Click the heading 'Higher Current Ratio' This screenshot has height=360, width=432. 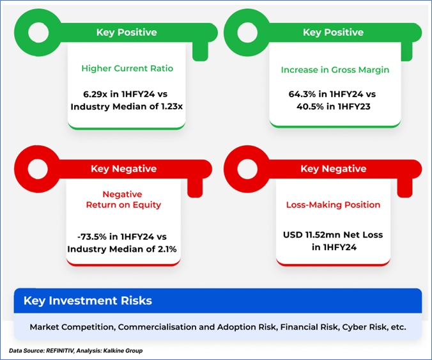click(127, 68)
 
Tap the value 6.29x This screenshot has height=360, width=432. click(95, 94)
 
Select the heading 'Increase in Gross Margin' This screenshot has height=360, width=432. click(335, 70)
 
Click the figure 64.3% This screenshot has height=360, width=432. click(302, 94)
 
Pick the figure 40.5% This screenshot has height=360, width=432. click(310, 106)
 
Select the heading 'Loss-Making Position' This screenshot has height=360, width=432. click(333, 205)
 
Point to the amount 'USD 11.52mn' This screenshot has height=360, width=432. click(312, 235)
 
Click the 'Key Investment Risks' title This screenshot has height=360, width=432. click(88, 301)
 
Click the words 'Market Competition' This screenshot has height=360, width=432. click(72, 327)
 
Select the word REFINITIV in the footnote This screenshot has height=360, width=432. click(60, 351)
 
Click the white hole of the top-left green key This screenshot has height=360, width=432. click(38, 33)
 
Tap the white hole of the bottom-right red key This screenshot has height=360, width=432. click(247, 169)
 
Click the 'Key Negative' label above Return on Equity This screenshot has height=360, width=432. click(124, 169)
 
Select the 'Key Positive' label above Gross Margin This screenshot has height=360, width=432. click(334, 32)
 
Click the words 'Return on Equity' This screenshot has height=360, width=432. click(123, 205)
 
